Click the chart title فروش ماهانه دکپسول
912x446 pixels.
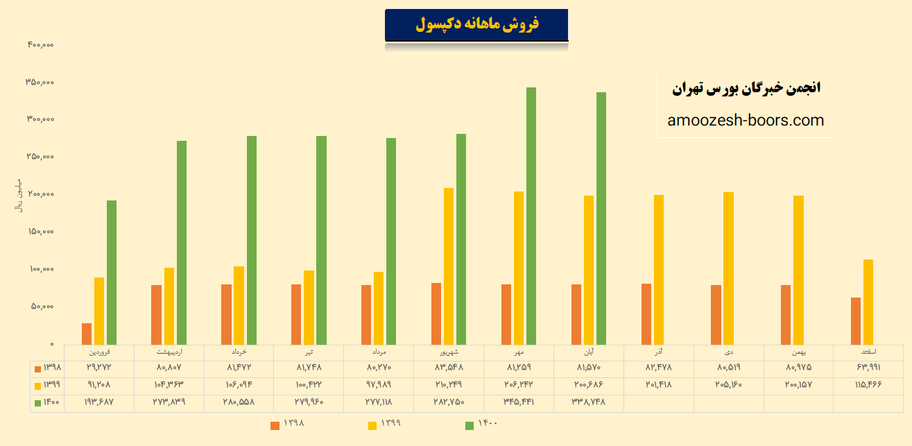coord(476,25)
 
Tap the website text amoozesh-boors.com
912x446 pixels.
coord(746,121)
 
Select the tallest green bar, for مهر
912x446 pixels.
coord(531,215)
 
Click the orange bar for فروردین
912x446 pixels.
coord(87,334)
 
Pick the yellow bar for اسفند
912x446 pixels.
coord(868,302)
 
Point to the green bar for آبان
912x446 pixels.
coord(601,218)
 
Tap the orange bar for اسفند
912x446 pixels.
coord(856,320)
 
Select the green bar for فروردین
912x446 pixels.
coord(112,272)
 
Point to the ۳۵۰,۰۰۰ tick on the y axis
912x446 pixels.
coord(40,83)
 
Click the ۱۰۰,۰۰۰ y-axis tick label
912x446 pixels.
coord(40,269)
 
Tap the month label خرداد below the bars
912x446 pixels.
coord(239,352)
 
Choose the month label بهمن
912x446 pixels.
coord(798,352)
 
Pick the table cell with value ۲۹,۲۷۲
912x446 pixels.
coord(99,367)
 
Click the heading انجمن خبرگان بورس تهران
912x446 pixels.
coord(746,89)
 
